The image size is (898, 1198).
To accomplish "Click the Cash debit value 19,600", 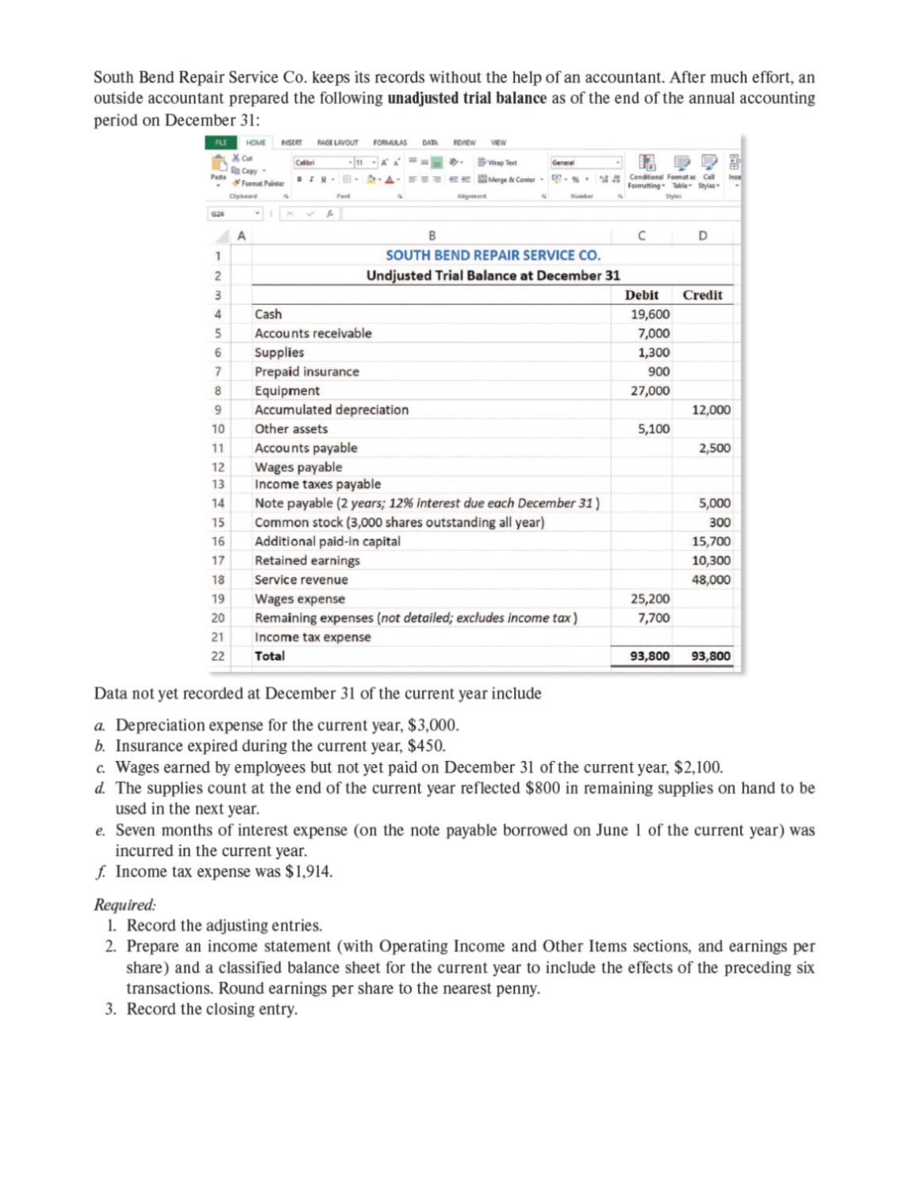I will (649, 314).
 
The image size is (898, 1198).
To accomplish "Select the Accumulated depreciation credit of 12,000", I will (710, 409).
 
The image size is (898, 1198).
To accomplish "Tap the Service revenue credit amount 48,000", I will (710, 579).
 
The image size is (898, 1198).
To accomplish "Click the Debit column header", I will (641, 295).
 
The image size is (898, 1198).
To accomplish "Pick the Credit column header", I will (702, 295).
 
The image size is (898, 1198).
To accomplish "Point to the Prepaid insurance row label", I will (306, 371).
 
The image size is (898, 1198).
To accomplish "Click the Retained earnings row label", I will (307, 560).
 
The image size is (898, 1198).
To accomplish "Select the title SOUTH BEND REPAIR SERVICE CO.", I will (493, 255).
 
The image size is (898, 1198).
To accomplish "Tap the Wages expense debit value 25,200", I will (649, 598).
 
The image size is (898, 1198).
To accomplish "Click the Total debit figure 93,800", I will (649, 656).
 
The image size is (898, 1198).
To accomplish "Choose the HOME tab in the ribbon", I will (255, 143).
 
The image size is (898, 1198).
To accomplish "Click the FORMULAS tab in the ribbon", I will (390, 143).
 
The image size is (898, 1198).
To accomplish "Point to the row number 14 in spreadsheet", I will (217, 503).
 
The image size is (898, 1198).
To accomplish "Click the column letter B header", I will (432, 236).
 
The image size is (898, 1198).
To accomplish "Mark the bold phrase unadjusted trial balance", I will (466, 98).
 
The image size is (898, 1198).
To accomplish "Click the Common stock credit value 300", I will (720, 522).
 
